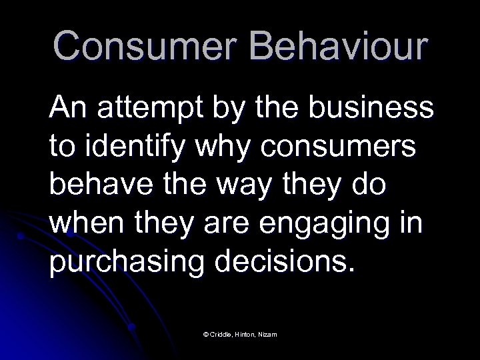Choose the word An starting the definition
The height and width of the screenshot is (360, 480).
pos(69,107)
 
